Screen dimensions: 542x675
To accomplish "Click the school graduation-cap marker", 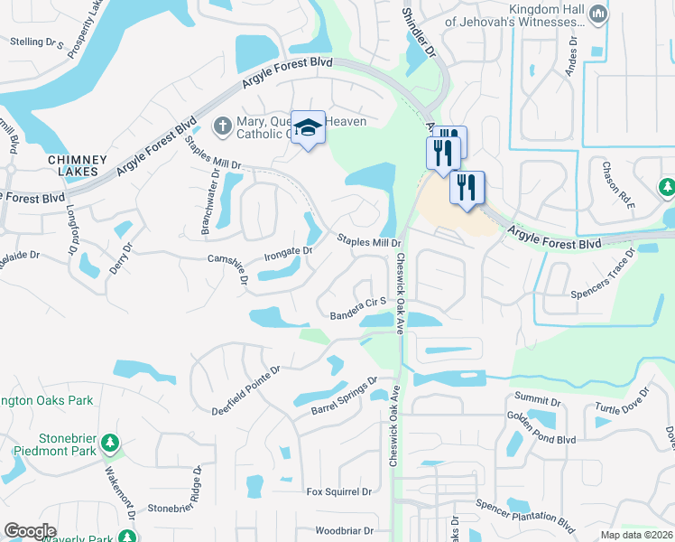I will pyautogui.click(x=308, y=127).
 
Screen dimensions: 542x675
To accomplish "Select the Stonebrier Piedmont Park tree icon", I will pyautogui.click(x=109, y=443).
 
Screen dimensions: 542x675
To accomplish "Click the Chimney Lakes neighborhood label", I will pyautogui.click(x=77, y=166).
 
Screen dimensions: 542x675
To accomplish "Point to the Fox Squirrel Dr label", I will pyautogui.click(x=338, y=491).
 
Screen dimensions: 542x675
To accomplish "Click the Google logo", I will pyautogui.click(x=31, y=531).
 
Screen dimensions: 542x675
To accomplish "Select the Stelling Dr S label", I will pyautogui.click(x=41, y=42).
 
